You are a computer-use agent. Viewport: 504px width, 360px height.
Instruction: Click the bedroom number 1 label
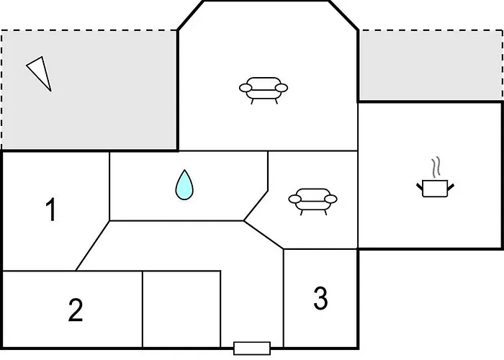(x=51, y=210)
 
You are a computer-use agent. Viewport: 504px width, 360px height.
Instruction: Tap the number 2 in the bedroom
(x=76, y=310)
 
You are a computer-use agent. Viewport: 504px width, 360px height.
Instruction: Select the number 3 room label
(x=320, y=298)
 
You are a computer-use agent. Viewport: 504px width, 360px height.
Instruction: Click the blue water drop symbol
(x=184, y=185)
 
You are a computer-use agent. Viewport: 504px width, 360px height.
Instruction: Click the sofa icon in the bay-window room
(x=264, y=90)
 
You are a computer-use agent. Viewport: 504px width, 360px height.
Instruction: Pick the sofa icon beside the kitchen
(x=312, y=202)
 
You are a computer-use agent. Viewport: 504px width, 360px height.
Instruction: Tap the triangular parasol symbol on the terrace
(x=40, y=73)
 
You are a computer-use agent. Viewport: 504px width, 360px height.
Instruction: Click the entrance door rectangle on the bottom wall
(x=252, y=348)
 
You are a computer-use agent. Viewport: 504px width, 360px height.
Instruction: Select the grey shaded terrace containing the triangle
(x=89, y=90)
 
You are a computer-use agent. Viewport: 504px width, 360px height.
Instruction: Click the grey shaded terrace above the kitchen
(x=431, y=65)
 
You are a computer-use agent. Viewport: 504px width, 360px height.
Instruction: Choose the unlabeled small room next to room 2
(x=181, y=309)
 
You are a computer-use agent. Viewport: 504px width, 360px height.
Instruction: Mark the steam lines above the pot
(x=436, y=167)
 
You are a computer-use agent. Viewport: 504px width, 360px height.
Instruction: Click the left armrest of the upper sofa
(x=246, y=88)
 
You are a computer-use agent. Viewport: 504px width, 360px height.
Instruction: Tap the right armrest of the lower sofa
(x=330, y=199)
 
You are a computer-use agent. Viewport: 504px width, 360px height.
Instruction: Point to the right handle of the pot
(x=450, y=186)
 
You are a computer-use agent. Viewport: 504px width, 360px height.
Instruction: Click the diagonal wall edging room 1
(x=93, y=246)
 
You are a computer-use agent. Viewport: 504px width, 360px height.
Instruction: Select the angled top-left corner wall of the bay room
(x=191, y=15)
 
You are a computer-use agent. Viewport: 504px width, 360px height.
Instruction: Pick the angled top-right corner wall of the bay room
(x=343, y=15)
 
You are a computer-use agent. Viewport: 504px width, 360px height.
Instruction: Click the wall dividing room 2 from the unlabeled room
(x=143, y=309)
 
